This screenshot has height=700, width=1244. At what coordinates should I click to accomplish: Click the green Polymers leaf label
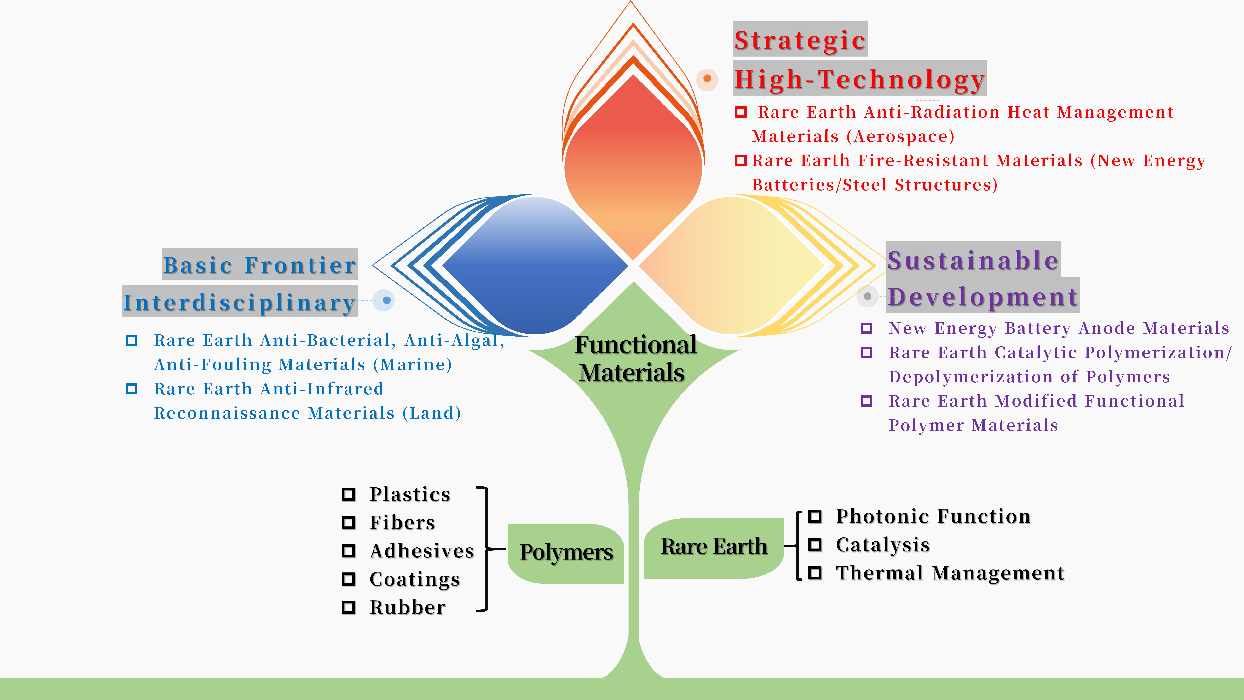click(566, 552)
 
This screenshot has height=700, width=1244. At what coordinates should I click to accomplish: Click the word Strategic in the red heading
click(800, 40)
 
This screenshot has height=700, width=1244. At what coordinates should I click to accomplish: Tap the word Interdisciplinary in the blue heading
click(239, 303)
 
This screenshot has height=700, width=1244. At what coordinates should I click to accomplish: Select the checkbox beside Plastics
click(348, 494)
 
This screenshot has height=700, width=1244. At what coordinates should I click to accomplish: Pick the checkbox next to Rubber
click(348, 607)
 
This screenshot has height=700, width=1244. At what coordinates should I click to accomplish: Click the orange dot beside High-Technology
click(708, 78)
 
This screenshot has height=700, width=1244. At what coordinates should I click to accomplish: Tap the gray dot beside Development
click(867, 296)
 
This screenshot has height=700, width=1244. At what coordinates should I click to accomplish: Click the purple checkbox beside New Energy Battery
click(866, 328)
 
